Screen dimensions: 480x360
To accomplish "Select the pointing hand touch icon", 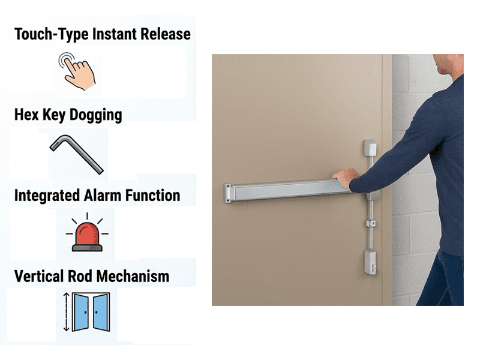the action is click(x=77, y=71).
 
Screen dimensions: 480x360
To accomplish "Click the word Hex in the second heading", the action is click(x=26, y=115).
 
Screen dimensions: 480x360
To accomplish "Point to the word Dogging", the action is click(x=95, y=115).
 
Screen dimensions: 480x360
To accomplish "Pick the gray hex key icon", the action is click(x=77, y=155).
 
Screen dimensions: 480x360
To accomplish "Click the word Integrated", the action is click(x=47, y=196).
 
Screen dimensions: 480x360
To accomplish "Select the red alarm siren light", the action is click(x=87, y=233).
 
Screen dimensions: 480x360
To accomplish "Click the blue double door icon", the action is click(x=91, y=312).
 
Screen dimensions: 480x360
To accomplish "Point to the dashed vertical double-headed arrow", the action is click(x=67, y=312).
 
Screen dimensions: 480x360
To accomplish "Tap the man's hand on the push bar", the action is click(x=346, y=179).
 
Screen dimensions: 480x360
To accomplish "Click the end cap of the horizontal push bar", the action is click(x=227, y=193).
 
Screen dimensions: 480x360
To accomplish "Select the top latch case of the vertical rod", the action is click(x=370, y=148).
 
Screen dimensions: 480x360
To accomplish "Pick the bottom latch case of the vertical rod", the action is click(x=370, y=262).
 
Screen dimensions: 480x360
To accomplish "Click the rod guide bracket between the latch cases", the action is click(x=371, y=223).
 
